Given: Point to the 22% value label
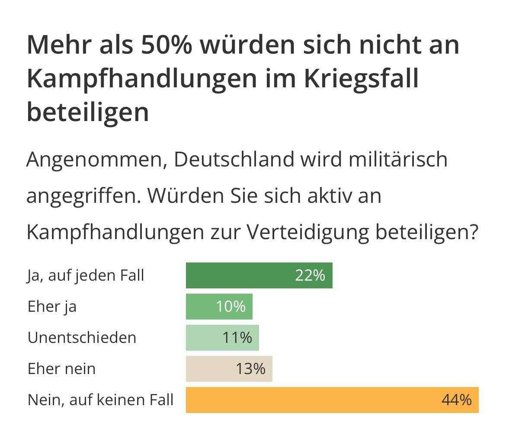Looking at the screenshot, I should click(x=310, y=275).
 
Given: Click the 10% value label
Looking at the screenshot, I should click(x=231, y=307).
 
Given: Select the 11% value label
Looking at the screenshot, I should click(x=237, y=338).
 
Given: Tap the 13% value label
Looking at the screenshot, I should click(x=250, y=369).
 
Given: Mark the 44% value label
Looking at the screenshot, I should click(x=456, y=400).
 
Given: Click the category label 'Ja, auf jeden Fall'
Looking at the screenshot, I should click(x=86, y=275).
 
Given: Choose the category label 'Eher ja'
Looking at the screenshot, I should click(x=52, y=307).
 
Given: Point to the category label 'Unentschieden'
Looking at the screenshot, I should click(x=82, y=338).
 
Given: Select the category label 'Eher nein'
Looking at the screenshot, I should click(x=61, y=369).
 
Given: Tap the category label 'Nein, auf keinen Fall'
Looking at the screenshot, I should click(x=100, y=400).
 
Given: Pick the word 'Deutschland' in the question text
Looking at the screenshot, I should click(x=234, y=160).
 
